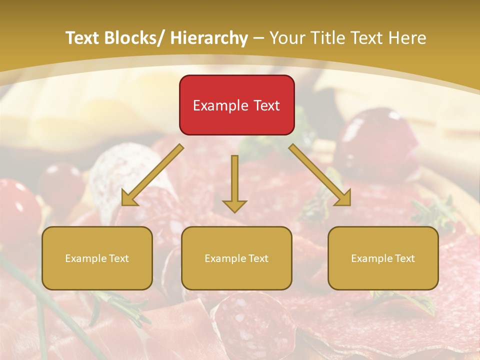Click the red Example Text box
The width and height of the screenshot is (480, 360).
(236, 105)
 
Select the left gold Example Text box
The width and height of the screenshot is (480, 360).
(97, 258)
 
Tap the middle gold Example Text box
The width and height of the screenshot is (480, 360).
(236, 258)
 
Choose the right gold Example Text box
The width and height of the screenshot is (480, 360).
(383, 258)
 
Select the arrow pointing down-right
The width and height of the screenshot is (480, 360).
(320, 175)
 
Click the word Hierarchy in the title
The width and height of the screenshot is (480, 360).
(209, 38)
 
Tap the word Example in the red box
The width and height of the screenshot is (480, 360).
(220, 105)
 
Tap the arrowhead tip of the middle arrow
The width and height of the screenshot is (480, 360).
(234, 211)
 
